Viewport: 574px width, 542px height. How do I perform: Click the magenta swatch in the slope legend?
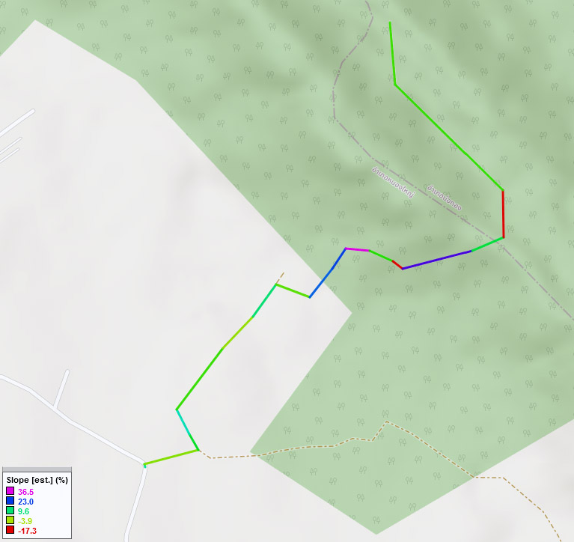pyautogui.click(x=10, y=491)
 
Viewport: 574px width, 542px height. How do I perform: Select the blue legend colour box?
pyautogui.click(x=10, y=501)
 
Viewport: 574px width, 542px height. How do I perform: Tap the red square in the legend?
pyautogui.click(x=10, y=530)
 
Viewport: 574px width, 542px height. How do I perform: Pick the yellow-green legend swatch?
pyautogui.click(x=10, y=520)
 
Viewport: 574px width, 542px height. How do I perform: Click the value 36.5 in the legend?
pyautogui.click(x=25, y=492)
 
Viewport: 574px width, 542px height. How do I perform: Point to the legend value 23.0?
pyautogui.click(x=25, y=502)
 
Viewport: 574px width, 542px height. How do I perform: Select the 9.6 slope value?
pyautogui.click(x=23, y=511)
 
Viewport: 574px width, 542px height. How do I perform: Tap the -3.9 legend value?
pyautogui.click(x=25, y=521)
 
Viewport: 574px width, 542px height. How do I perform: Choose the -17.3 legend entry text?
pyautogui.click(x=27, y=531)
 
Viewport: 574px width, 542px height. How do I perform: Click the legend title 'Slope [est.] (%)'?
pyautogui.click(x=37, y=480)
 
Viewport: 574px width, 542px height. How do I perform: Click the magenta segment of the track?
pyautogui.click(x=357, y=249)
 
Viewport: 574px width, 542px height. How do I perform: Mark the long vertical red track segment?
pyautogui.click(x=503, y=214)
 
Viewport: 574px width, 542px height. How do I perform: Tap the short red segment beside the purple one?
pyautogui.click(x=397, y=264)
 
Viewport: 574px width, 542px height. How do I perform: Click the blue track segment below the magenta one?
pyautogui.click(x=328, y=273)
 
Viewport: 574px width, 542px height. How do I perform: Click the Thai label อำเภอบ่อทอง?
pyautogui.click(x=444, y=197)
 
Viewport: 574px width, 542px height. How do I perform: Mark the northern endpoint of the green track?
pyautogui.click(x=390, y=22)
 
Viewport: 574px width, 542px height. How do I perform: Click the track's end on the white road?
pyautogui.click(x=144, y=465)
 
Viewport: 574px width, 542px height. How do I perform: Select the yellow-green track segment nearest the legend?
pyautogui.click(x=171, y=457)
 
